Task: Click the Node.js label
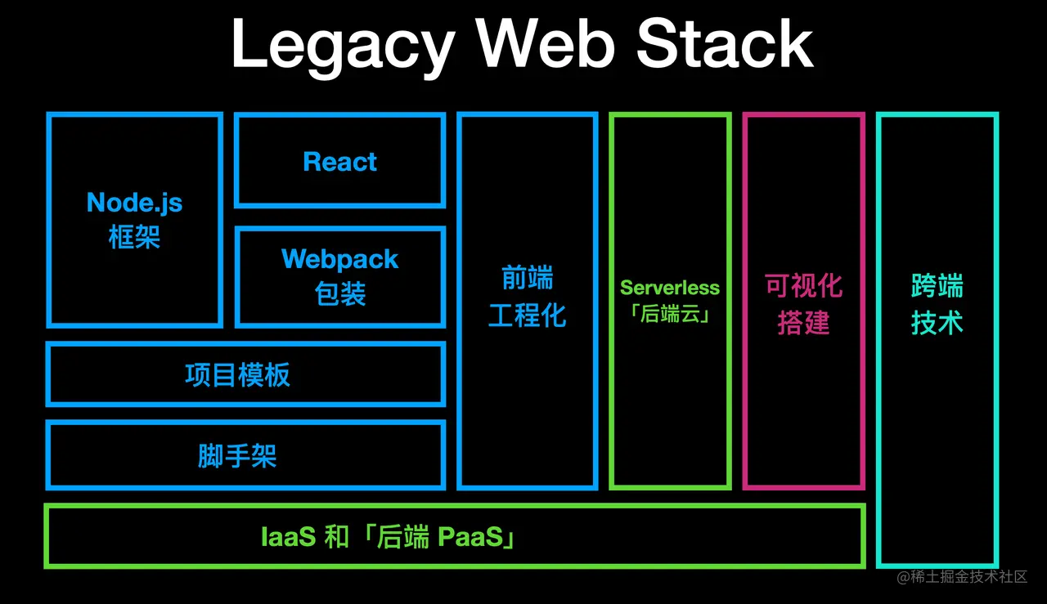134,203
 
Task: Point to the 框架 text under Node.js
134,238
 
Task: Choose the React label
339,162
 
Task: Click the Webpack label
339,259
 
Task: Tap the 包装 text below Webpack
339,294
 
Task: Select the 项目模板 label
237,375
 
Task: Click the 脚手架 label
237,456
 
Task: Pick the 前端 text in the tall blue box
527,279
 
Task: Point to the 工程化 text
527,315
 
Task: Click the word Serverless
670,288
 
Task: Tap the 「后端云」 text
670,315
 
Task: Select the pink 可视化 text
803,286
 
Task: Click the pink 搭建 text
803,323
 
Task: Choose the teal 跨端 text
937,286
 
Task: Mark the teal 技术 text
937,323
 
